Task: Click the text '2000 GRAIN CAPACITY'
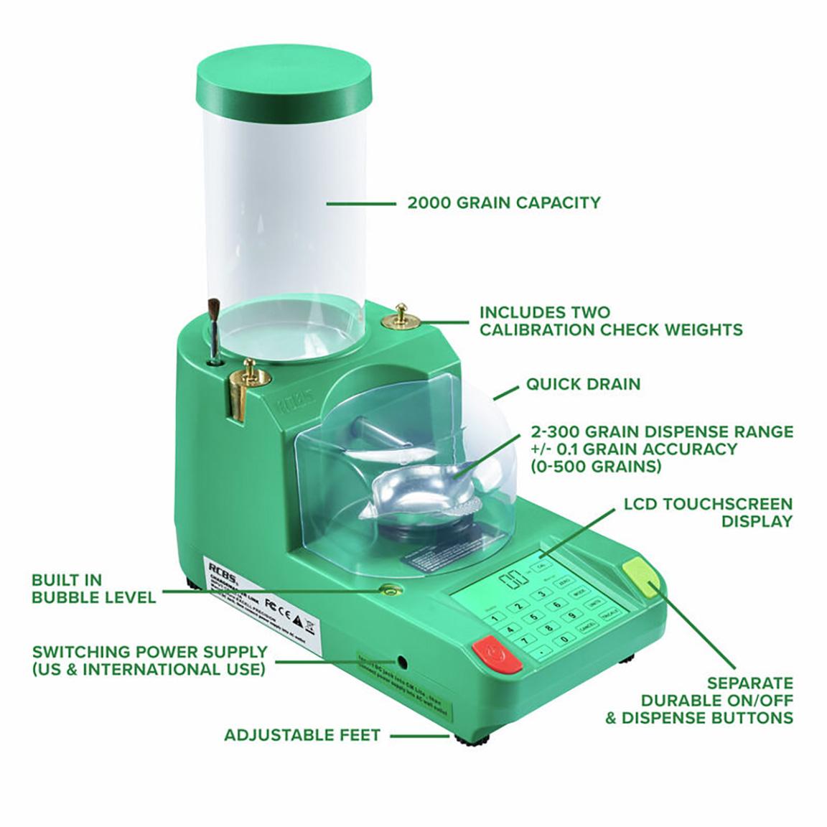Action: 503,202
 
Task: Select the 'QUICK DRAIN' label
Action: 583,383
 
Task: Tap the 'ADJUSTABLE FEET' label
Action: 302,735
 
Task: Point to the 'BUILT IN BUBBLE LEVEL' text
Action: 93,588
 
